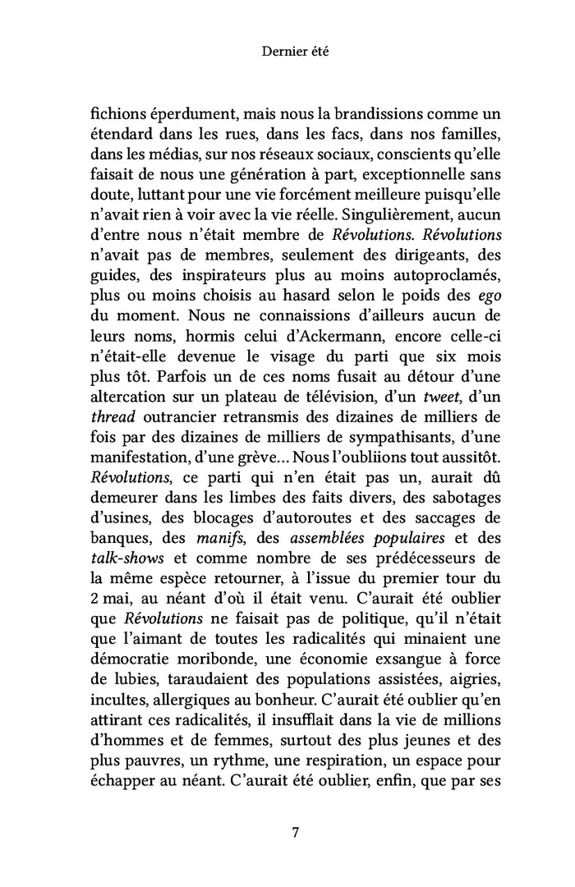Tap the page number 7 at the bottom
295,833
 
